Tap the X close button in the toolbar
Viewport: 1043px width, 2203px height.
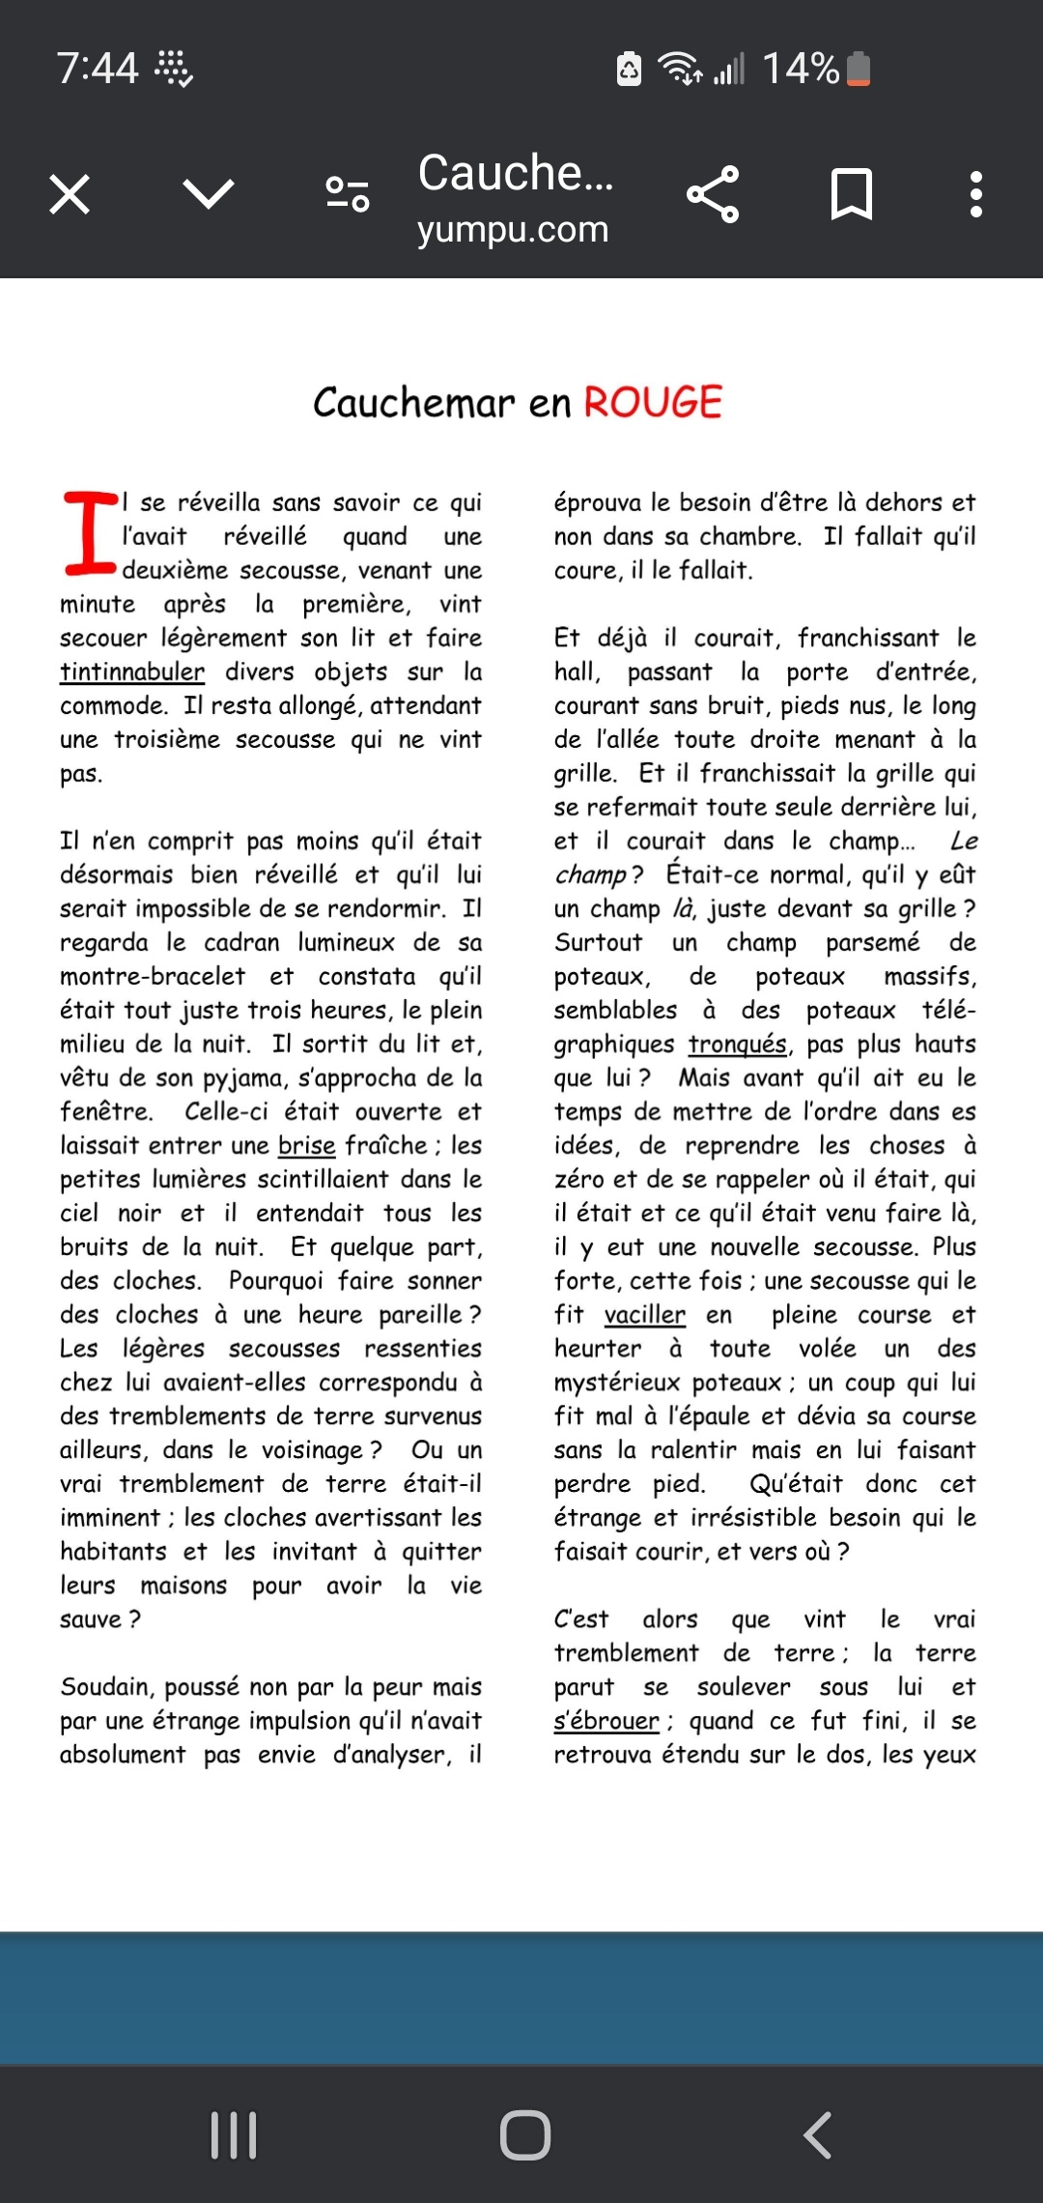(x=70, y=194)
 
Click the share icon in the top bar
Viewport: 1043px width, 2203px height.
(x=713, y=194)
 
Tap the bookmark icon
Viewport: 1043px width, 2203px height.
(x=852, y=194)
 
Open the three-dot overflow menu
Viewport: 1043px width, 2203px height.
(x=976, y=194)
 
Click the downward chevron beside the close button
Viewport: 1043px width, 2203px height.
(x=209, y=194)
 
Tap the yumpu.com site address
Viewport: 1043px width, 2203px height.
(x=513, y=230)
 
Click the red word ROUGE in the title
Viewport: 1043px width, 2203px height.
(x=653, y=403)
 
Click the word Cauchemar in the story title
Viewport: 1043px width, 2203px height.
(x=414, y=403)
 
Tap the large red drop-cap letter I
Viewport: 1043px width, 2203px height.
(x=90, y=532)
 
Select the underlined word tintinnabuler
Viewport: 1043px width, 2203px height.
(x=132, y=672)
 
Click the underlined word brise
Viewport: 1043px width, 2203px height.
(x=306, y=1145)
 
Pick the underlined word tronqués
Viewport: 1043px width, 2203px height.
(x=738, y=1044)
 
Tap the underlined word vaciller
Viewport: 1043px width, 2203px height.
(x=644, y=1315)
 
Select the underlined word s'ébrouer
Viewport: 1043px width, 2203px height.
(x=606, y=1721)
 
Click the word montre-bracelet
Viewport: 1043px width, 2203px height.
(x=153, y=976)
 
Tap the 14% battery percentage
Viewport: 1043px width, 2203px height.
(x=801, y=69)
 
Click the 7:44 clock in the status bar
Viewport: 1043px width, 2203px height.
(x=98, y=69)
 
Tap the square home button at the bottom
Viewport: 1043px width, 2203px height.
(x=524, y=2135)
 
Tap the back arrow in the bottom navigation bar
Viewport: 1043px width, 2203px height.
(x=817, y=2135)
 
